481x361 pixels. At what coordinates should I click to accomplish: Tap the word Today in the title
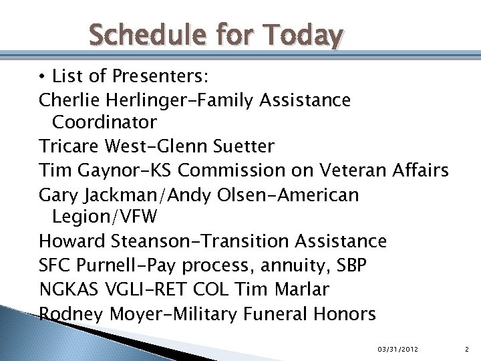tap(303, 34)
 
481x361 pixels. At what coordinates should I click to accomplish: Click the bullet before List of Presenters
tap(42, 77)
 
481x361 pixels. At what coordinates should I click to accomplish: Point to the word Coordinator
tap(104, 122)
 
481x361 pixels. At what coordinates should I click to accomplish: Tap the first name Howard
tap(71, 241)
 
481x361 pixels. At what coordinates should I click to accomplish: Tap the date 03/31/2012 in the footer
tap(398, 349)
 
